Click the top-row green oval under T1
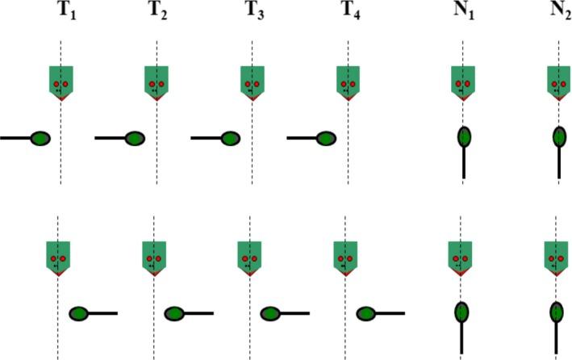click(x=41, y=138)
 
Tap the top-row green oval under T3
click(x=231, y=138)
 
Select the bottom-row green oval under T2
click(x=175, y=313)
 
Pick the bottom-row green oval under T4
click(x=366, y=313)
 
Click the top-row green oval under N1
click(x=464, y=138)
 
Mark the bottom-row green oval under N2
click(x=557, y=312)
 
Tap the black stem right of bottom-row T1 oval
click(x=103, y=313)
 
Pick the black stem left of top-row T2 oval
click(x=110, y=138)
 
